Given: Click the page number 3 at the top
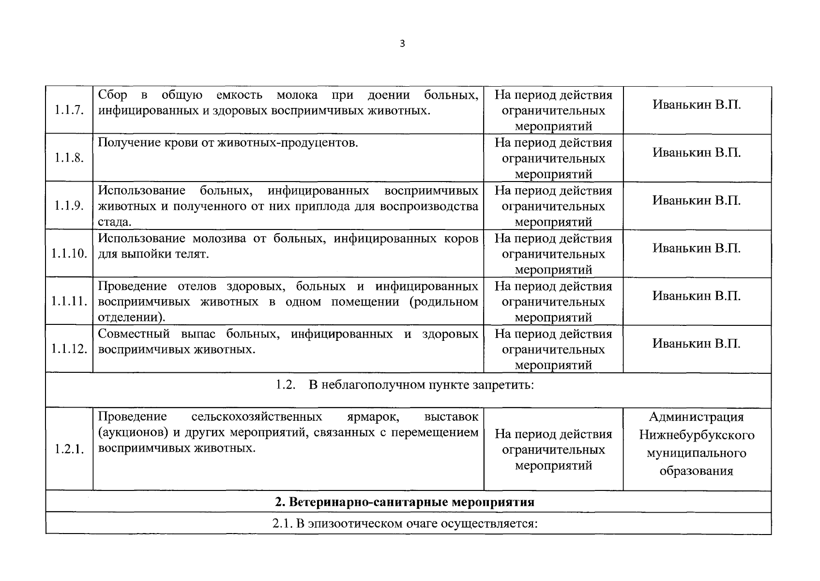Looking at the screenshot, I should [402, 44].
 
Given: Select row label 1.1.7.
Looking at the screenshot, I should [69, 110].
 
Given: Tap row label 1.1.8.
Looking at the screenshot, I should [69, 158].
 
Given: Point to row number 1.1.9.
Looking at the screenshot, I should [69, 206].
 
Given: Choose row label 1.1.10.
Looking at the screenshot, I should [69, 254].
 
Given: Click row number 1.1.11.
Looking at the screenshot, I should [69, 301].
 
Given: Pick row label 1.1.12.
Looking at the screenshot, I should [69, 349].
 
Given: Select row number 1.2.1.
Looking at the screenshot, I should [69, 449].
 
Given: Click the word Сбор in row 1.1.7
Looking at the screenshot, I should [113, 94].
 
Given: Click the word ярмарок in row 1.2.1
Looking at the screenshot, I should [373, 416].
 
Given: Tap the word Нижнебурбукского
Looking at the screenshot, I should [697, 435].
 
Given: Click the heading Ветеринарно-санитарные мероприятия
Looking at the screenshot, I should [411, 502].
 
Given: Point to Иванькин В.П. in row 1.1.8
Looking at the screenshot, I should [697, 153].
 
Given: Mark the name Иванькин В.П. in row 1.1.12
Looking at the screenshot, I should [697, 344].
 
